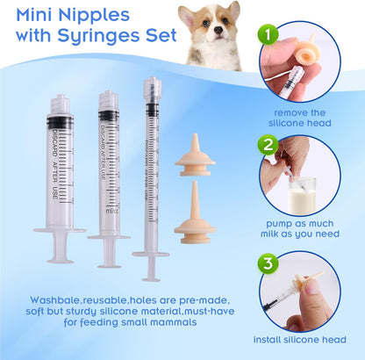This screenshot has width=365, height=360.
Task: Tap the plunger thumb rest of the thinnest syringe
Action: (x=151, y=255)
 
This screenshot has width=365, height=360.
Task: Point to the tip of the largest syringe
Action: (x=59, y=99)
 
